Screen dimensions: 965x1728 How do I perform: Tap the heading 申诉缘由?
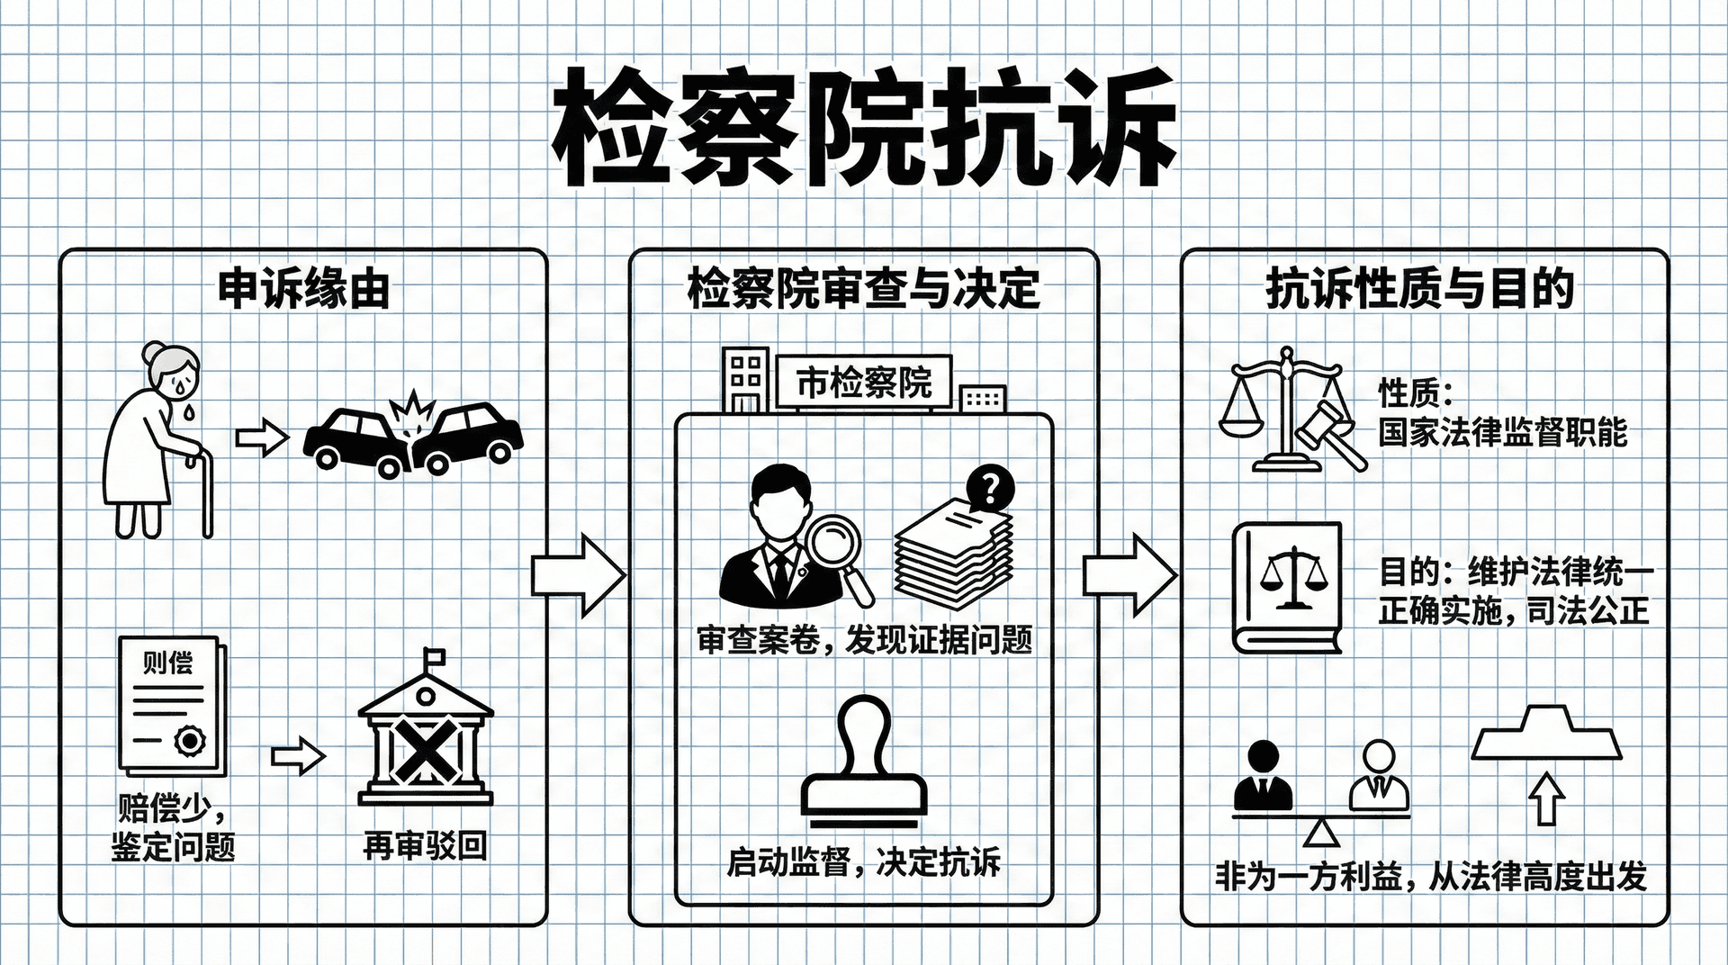tap(304, 290)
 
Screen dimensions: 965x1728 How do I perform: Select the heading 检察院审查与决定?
tap(863, 290)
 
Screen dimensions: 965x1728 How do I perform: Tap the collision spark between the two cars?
tap(412, 412)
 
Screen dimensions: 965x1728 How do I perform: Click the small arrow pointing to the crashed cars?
tap(261, 438)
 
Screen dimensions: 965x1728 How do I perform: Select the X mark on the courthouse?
tap(425, 749)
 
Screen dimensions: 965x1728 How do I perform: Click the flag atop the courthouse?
tap(435, 656)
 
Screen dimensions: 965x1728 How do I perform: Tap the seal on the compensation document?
tap(190, 741)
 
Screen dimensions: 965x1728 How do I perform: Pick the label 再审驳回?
tap(425, 846)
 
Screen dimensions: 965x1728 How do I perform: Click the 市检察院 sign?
tap(863, 383)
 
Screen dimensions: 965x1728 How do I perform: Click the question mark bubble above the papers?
tap(989, 490)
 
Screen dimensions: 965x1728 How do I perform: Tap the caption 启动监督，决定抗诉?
tap(863, 862)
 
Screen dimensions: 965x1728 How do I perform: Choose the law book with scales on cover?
tap(1287, 587)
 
